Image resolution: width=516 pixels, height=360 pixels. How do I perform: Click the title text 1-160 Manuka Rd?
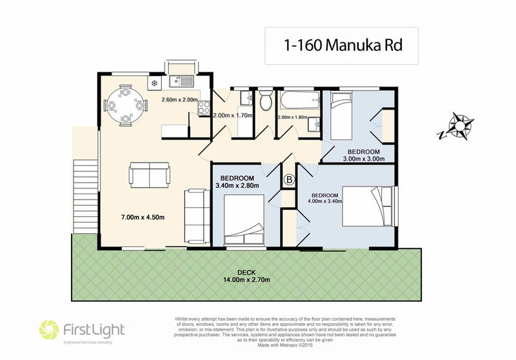pyautogui.click(x=341, y=45)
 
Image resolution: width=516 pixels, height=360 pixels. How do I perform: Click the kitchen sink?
pyautogui.click(x=183, y=82)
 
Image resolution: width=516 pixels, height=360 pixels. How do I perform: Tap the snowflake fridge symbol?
pyautogui.click(x=154, y=83)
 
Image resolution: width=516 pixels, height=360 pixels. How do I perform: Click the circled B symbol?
pyautogui.click(x=289, y=179)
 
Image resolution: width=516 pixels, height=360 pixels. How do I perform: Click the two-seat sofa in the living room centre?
pyautogui.click(x=150, y=174)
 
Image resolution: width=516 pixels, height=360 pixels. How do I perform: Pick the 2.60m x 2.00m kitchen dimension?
pyautogui.click(x=179, y=100)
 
